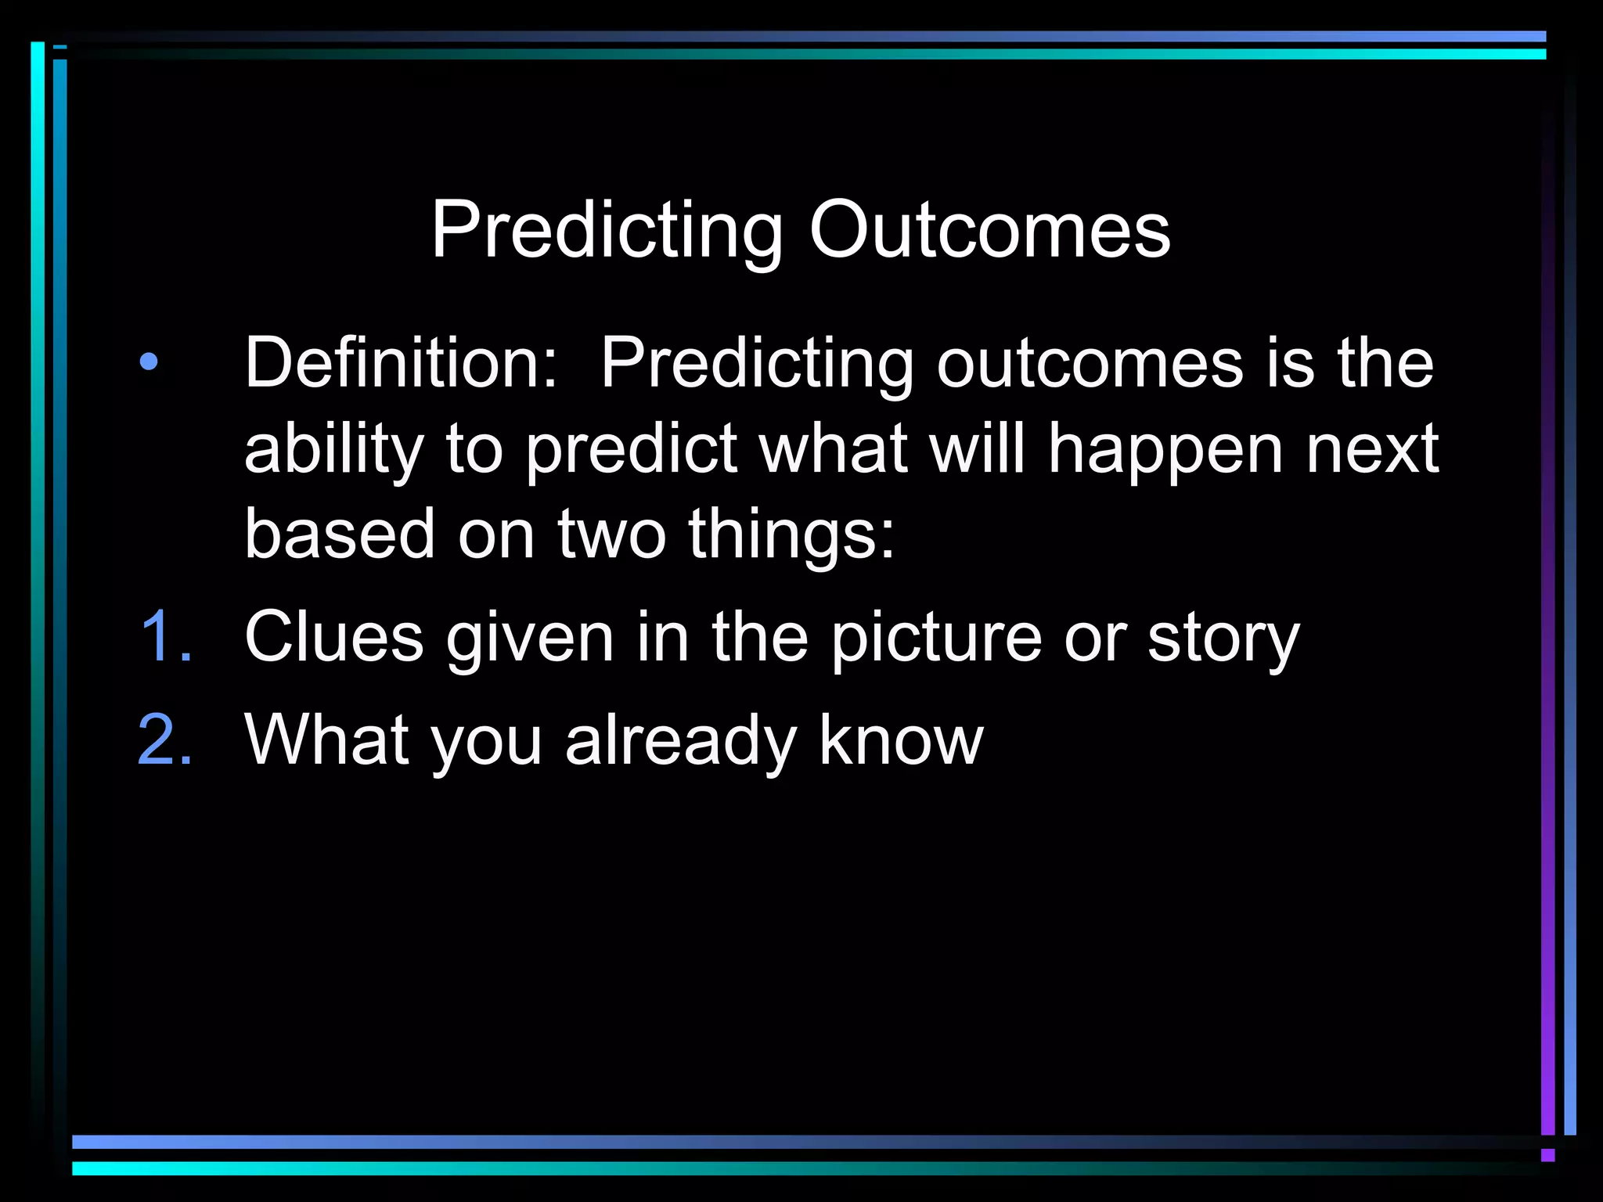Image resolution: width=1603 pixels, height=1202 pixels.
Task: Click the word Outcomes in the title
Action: click(x=989, y=230)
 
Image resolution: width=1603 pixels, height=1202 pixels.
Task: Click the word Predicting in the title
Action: click(x=607, y=232)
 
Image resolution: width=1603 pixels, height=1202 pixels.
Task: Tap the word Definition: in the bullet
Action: click(x=402, y=362)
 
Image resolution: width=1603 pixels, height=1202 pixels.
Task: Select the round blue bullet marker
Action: click(x=149, y=362)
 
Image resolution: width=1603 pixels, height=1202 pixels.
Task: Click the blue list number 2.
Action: click(x=165, y=740)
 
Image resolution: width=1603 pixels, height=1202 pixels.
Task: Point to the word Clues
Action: click(x=334, y=637)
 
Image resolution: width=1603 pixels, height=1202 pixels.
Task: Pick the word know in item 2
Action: click(x=901, y=740)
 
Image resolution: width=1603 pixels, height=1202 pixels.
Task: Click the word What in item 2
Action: click(x=327, y=740)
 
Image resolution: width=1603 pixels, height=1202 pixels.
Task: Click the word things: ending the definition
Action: click(x=791, y=535)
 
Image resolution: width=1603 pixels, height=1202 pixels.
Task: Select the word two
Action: click(x=611, y=534)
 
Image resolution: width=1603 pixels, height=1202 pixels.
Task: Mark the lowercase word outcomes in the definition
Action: click(x=1090, y=362)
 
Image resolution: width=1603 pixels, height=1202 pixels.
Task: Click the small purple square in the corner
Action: click(x=1547, y=1155)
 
